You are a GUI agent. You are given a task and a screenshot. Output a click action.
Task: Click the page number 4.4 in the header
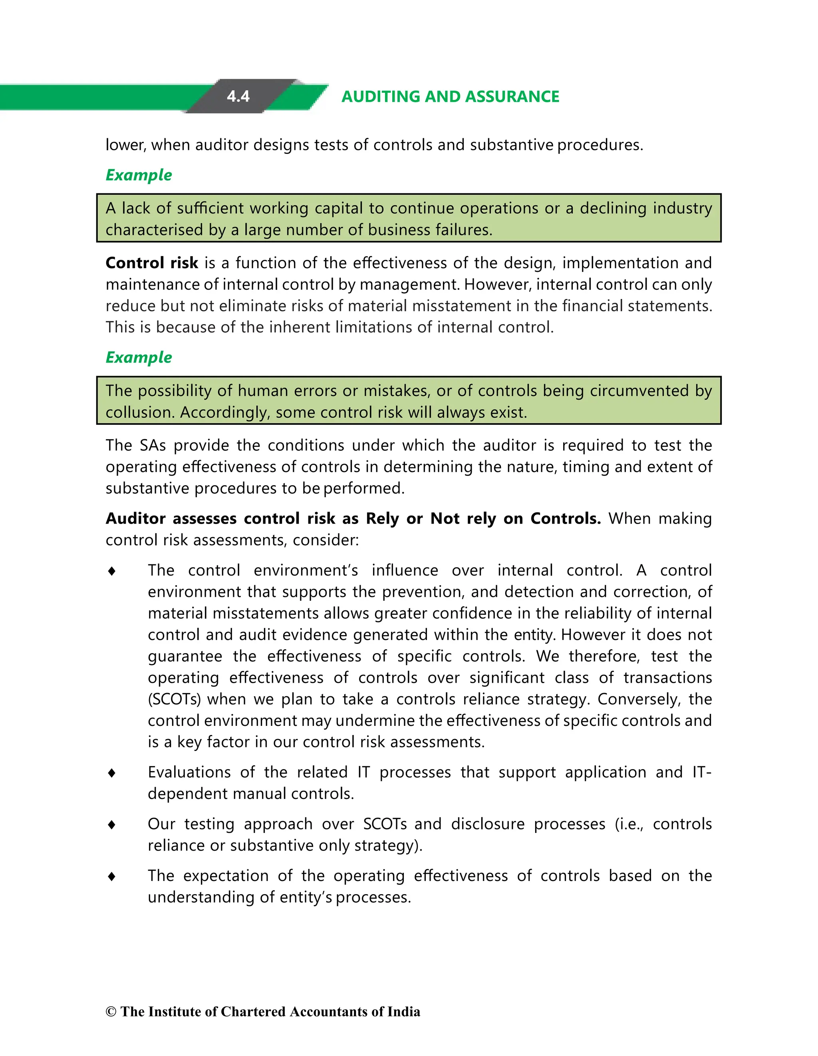238,96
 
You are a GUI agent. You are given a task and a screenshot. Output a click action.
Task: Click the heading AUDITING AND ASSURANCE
450,97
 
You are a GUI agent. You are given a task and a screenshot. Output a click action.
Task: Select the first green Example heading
139,175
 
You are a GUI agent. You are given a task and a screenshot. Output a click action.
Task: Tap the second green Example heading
139,357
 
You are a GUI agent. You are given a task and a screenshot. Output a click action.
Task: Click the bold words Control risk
152,263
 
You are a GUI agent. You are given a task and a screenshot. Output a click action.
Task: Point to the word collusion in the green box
140,412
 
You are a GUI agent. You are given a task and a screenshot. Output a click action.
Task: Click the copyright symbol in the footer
111,1012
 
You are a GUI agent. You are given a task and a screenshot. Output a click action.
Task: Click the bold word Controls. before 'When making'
565,519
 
